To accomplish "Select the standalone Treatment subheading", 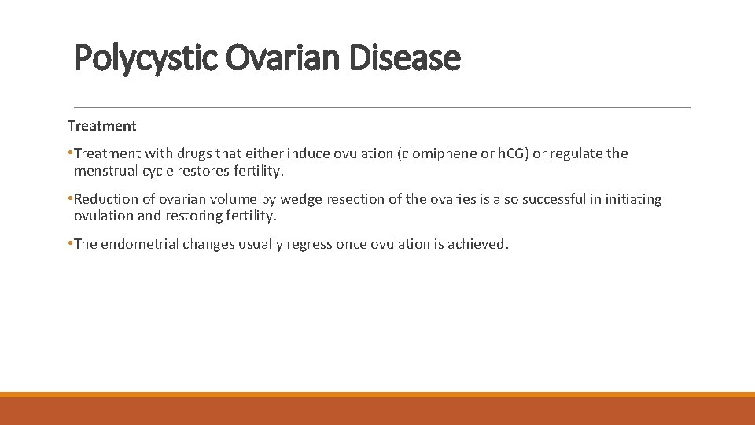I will pos(101,126).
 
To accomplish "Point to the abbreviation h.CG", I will pos(511,153).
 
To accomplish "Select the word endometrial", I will pos(139,244).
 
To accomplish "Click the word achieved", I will pos(481,244).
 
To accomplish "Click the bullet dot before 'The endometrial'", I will pos(70,244).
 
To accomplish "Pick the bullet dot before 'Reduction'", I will pos(70,199).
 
